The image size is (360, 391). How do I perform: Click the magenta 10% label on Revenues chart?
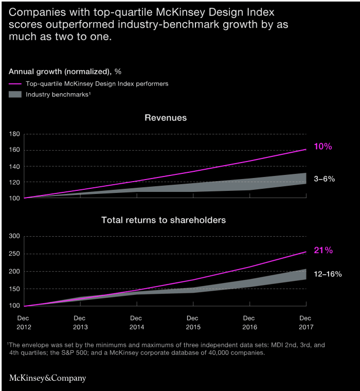pyautogui.click(x=323, y=147)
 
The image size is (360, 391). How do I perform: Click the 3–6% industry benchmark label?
pyautogui.click(x=325, y=179)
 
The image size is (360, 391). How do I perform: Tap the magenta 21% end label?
pyautogui.click(x=323, y=251)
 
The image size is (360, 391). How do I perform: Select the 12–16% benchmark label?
pyautogui.click(x=328, y=274)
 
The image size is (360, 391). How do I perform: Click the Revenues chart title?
pyautogui.click(x=166, y=118)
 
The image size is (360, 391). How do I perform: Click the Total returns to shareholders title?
pyautogui.click(x=164, y=220)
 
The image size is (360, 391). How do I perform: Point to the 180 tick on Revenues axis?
pyautogui.click(x=14, y=134)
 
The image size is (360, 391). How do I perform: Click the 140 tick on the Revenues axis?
pyautogui.click(x=14, y=166)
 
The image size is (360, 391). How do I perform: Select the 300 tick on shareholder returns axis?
pyautogui.click(x=14, y=236)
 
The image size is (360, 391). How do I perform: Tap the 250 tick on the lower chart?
pyautogui.click(x=14, y=254)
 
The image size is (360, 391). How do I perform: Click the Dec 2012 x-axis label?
pyautogui.click(x=24, y=322)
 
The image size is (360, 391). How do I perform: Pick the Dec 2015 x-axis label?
pyautogui.click(x=192, y=322)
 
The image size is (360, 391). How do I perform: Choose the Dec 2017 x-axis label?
pyautogui.click(x=305, y=322)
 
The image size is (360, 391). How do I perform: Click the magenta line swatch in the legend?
pyautogui.click(x=16, y=84)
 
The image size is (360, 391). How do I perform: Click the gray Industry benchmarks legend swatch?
pyautogui.click(x=16, y=95)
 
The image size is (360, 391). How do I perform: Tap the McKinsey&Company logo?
pyautogui.click(x=47, y=378)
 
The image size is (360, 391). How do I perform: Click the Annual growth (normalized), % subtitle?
pyautogui.click(x=65, y=71)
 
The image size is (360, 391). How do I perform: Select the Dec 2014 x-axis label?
pyautogui.click(x=136, y=322)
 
